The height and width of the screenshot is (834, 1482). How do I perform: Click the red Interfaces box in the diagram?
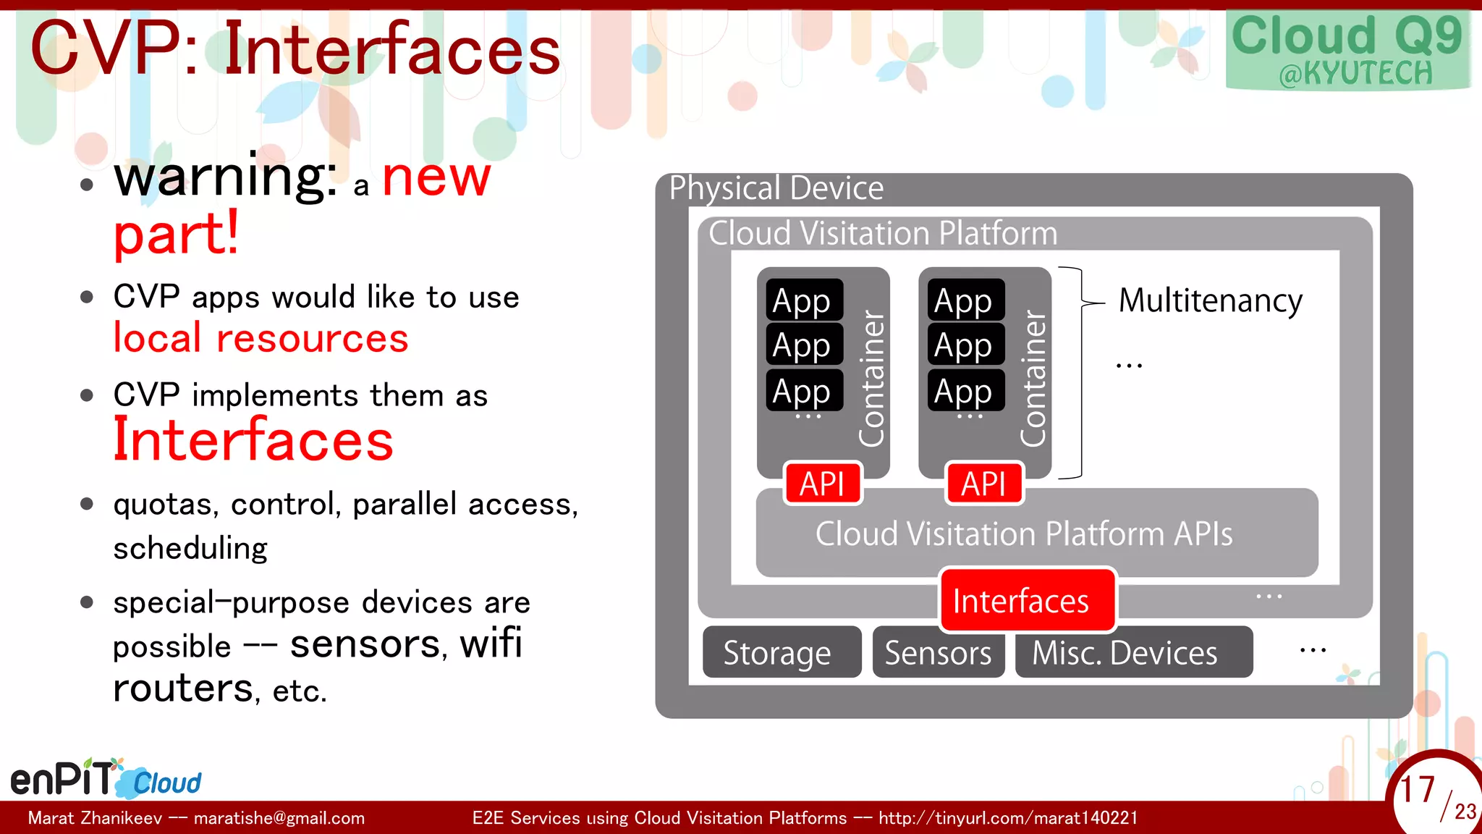tap(1028, 600)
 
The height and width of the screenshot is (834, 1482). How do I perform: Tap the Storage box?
tap(782, 652)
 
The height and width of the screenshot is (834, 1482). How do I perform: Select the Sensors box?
tap(938, 652)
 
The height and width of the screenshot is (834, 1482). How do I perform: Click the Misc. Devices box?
tap(1133, 652)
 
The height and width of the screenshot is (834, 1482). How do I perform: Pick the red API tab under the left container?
tap(823, 483)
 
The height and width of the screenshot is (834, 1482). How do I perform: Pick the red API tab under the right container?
tap(984, 483)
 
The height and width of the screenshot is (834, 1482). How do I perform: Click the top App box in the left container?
tap(804, 300)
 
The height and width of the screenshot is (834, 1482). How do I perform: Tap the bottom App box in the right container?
tap(965, 390)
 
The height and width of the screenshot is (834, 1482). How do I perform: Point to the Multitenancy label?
tap(1210, 300)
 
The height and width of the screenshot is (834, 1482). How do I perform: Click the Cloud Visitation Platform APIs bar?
tap(1036, 534)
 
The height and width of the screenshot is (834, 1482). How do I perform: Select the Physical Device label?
tap(776, 188)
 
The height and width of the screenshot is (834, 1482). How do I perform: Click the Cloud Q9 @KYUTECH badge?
tap(1347, 51)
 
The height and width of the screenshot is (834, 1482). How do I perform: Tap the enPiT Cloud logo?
tap(106, 779)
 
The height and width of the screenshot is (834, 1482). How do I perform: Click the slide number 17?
tap(1417, 789)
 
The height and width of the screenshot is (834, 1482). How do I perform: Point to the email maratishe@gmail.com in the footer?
tap(279, 818)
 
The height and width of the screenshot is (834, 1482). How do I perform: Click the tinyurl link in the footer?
tap(1007, 818)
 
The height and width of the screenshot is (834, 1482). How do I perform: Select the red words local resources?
tap(261, 338)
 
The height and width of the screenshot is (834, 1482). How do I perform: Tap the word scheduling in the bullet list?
tap(190, 548)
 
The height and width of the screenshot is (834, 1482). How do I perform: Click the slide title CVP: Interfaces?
tap(295, 49)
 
